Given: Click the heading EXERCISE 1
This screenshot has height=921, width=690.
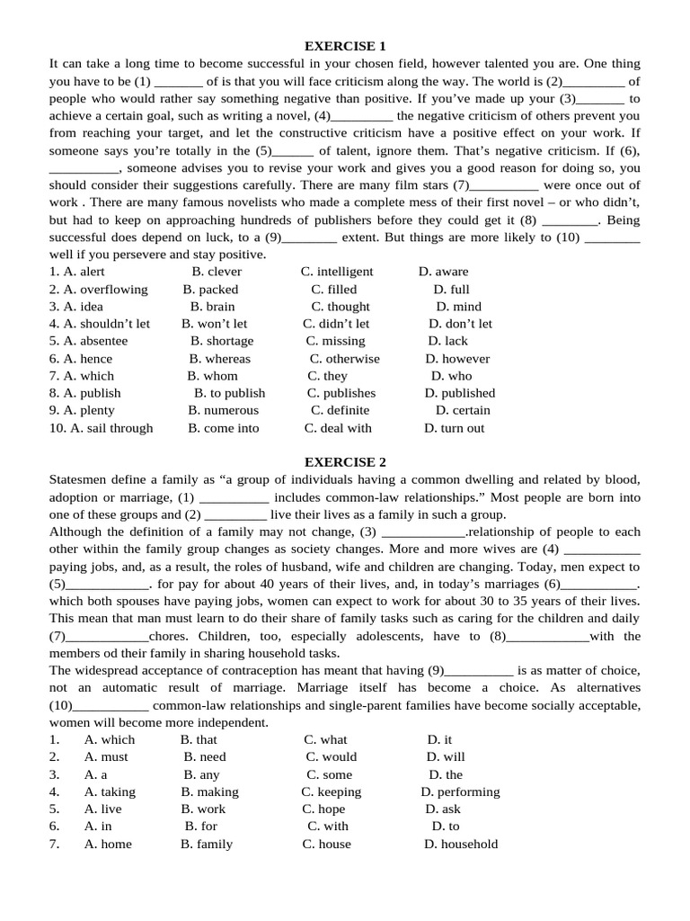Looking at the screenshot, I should point(345,46).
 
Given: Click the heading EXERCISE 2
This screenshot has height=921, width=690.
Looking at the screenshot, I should point(345,462).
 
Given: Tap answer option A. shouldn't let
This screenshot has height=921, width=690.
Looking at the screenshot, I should point(100,324).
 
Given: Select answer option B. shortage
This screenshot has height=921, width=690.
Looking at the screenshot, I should point(222,341).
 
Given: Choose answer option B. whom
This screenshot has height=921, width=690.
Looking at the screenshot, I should point(213,376).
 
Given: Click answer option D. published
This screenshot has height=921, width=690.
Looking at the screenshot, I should point(460,393).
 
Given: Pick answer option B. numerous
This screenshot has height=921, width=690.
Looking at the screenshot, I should point(224,410).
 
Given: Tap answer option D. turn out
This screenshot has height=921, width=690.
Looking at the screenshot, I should point(454,428).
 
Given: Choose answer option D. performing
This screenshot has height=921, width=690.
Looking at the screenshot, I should point(460,792).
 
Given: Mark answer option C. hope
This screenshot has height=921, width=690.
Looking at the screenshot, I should point(324,809).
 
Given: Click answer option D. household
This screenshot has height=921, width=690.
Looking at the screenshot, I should point(460,845).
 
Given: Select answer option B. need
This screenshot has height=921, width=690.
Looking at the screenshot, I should point(205,757).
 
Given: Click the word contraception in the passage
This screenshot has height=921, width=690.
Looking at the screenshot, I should point(258,671).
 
